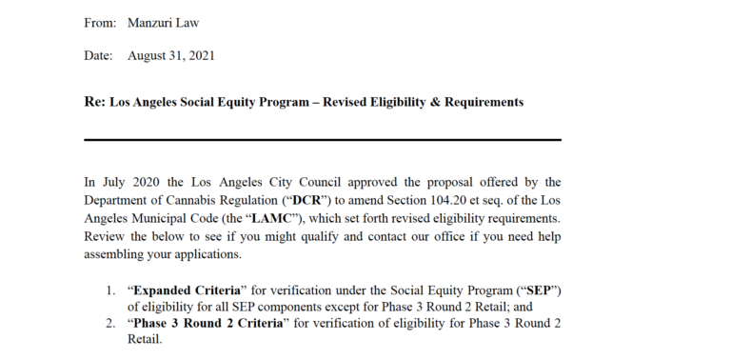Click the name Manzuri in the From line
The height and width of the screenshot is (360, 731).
coord(150,21)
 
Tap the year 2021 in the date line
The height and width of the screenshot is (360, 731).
coord(200,55)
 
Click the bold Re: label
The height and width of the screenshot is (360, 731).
coord(94,101)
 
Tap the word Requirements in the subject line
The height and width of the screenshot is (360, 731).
coord(484,102)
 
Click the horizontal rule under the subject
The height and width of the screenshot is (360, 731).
coord(323,140)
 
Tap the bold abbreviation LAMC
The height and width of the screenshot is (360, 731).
coord(262,217)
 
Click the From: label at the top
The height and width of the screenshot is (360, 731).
coord(99,21)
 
